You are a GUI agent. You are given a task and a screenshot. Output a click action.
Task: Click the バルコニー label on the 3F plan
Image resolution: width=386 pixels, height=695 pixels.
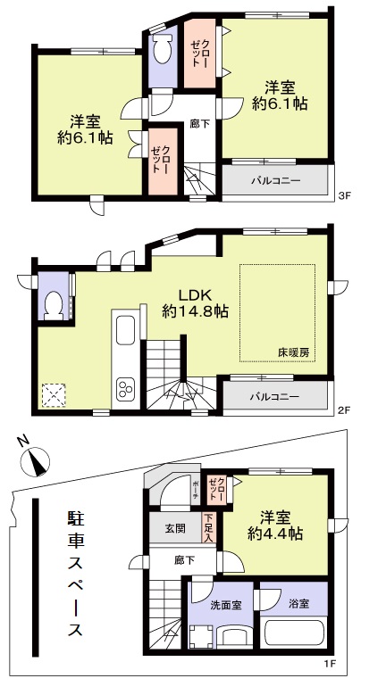(274, 181)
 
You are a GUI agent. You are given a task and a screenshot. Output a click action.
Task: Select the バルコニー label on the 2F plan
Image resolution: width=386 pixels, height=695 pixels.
(274, 395)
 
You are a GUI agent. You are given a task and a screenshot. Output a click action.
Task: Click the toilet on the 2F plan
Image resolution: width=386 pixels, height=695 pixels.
(54, 304)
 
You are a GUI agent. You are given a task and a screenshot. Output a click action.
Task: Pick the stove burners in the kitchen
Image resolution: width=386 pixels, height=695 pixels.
(124, 390)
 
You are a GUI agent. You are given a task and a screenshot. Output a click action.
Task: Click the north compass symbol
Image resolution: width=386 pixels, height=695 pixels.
(35, 461)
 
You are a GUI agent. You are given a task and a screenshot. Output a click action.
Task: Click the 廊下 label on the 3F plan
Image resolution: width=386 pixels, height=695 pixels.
(200, 124)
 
